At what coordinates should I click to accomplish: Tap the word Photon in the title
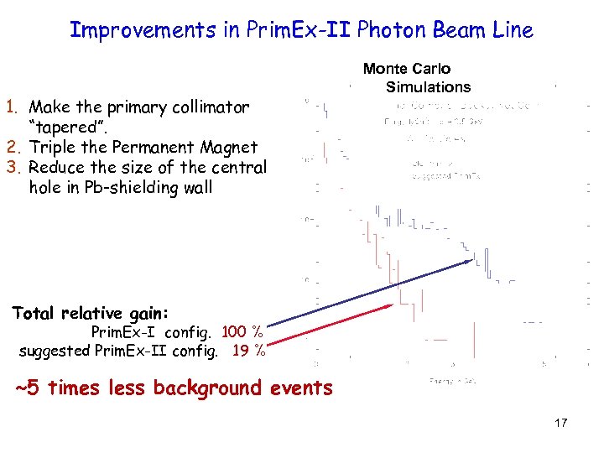click(x=384, y=30)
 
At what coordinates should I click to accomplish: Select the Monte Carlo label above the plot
click(x=407, y=69)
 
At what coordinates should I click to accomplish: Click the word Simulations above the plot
click(x=428, y=87)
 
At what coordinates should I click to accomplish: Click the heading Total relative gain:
click(x=91, y=314)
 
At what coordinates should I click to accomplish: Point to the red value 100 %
click(x=242, y=332)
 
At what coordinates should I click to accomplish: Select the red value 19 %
click(x=248, y=351)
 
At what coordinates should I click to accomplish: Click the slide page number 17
click(x=560, y=423)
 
